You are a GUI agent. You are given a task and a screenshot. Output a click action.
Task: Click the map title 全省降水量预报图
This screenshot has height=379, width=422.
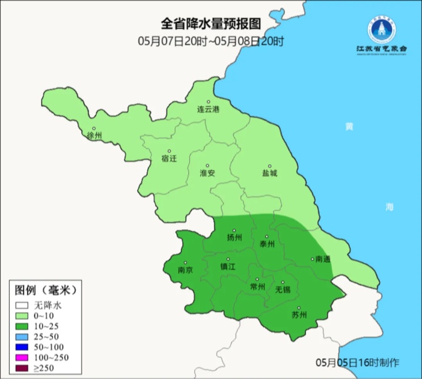pyautogui.click(x=210, y=24)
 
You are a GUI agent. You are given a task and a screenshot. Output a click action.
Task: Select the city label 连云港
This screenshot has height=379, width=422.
pyautogui.click(x=207, y=110)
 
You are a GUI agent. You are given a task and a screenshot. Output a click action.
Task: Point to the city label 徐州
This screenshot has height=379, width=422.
pyautogui.click(x=94, y=136)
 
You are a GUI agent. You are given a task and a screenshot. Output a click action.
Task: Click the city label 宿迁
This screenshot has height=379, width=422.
pyautogui.click(x=168, y=158)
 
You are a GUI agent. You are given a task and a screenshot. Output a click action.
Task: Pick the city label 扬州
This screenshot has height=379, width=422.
pyautogui.click(x=234, y=238)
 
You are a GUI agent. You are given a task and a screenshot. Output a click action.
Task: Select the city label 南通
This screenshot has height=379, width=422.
pyautogui.click(x=323, y=259)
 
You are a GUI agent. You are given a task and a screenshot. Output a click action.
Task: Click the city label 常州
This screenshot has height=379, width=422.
pyautogui.click(x=257, y=287)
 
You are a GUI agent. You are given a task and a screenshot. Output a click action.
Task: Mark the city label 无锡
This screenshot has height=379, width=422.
pyautogui.click(x=282, y=289)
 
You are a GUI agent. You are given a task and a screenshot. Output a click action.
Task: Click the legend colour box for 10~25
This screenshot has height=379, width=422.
pyautogui.click(x=22, y=326)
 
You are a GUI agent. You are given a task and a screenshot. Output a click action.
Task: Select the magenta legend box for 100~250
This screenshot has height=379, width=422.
pyautogui.click(x=22, y=357)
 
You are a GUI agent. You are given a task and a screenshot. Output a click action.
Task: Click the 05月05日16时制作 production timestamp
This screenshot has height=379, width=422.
pyautogui.click(x=357, y=363)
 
